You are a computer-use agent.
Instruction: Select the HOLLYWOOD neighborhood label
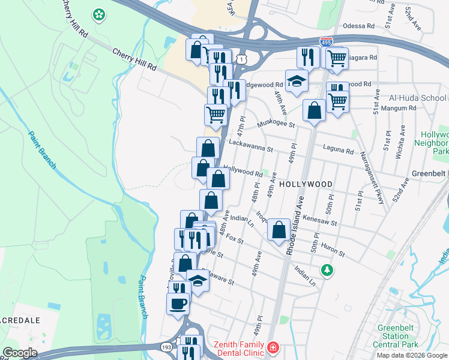click(x=306, y=184)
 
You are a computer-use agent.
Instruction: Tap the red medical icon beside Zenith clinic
click(x=273, y=347)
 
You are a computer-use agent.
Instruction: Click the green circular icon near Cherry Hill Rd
click(x=98, y=14)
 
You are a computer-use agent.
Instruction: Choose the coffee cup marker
click(x=178, y=303)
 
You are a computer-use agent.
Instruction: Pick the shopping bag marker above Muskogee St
click(x=314, y=110)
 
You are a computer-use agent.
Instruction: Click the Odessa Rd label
click(x=359, y=26)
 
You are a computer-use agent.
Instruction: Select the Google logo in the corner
click(x=20, y=353)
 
